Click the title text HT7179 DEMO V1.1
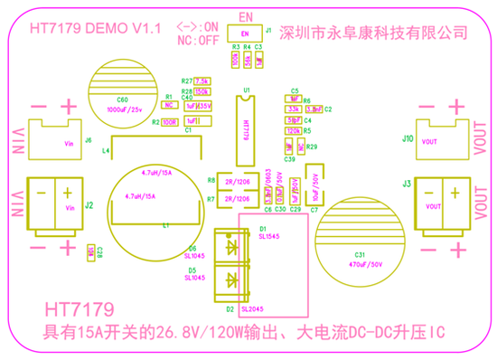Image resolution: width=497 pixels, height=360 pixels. pyautogui.click(x=95, y=29)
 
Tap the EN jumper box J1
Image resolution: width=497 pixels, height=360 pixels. pyautogui.click(x=245, y=34)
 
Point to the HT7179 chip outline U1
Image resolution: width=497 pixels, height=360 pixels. pyautogui.click(x=244, y=128)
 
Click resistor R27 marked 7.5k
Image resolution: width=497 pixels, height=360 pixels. pyautogui.click(x=202, y=81)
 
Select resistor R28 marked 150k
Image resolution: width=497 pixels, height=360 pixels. pyautogui.click(x=202, y=91)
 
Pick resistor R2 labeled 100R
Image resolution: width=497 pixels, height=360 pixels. pyautogui.click(x=169, y=121)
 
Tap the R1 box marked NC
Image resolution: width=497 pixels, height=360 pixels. pyautogui.click(x=168, y=104)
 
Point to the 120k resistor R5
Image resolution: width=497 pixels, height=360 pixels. pyautogui.click(x=293, y=130)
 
